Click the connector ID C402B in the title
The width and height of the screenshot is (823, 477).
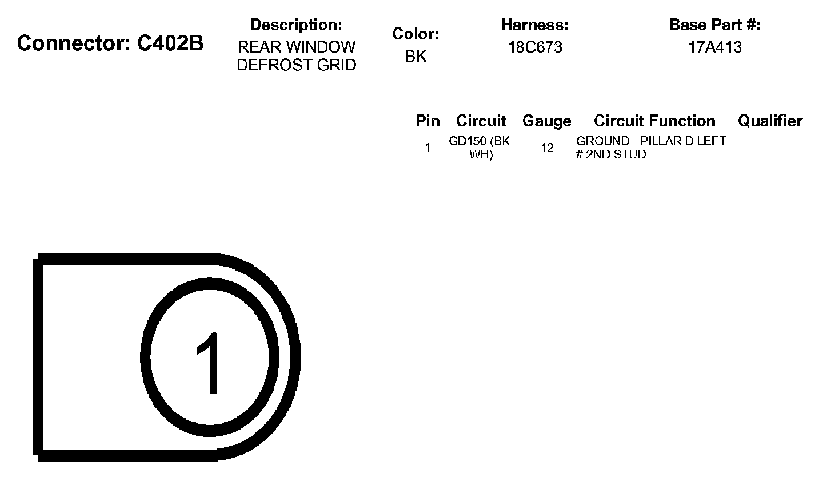[x=170, y=43]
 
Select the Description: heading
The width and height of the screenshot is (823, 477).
[x=296, y=25]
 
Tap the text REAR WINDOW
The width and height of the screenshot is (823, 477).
[x=297, y=47]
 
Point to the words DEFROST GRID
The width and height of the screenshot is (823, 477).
[x=297, y=65]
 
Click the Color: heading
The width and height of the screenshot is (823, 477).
[x=416, y=34]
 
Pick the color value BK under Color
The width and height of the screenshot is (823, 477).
[x=416, y=56]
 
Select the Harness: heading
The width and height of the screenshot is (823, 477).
[x=534, y=25]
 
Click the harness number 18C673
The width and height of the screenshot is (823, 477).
[x=535, y=47]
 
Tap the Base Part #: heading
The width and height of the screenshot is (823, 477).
[x=714, y=25]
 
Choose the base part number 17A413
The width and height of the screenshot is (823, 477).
[x=714, y=47]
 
